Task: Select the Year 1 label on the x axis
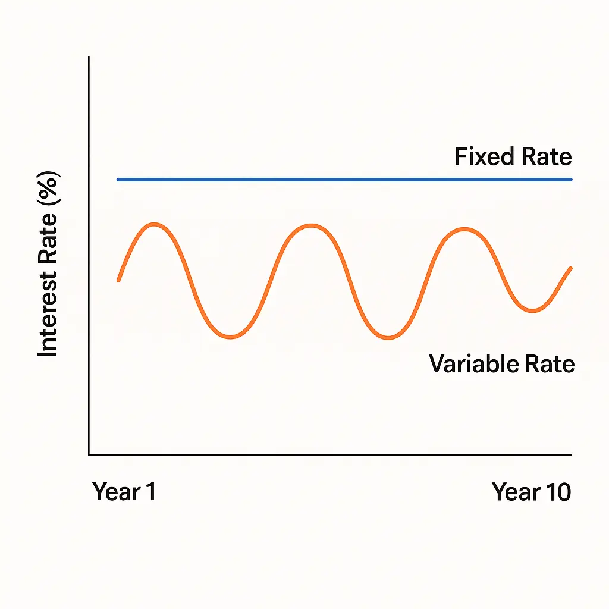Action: tap(124, 492)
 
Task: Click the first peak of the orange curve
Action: tap(154, 224)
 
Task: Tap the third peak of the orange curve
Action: tap(464, 229)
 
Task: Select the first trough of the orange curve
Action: tap(232, 337)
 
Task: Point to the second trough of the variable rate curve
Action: tap(388, 338)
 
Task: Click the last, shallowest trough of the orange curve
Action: tap(533, 310)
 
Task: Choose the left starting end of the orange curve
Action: tap(119, 280)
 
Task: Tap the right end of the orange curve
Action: tap(571, 268)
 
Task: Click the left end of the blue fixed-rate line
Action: tap(118, 179)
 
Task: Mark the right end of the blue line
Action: tap(571, 179)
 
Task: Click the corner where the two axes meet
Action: tap(89, 454)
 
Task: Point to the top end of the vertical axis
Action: tap(89, 58)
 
